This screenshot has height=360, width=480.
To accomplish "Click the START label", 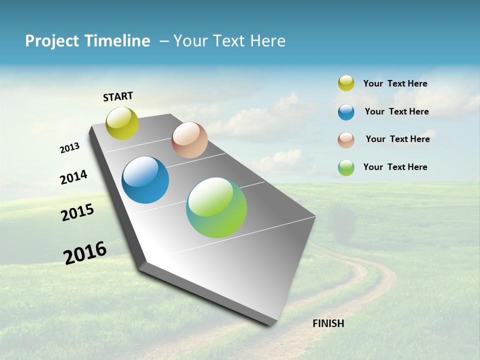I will pos(118,96).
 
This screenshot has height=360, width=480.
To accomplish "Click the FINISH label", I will pos(328,323).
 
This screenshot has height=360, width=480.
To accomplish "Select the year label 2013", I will pos(69,148).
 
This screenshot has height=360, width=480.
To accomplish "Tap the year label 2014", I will pos(73,177).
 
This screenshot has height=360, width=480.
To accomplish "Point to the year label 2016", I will pos(85,253).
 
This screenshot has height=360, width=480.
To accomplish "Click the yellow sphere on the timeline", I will pos(122,123).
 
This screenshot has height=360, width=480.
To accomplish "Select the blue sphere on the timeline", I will pos(145,180).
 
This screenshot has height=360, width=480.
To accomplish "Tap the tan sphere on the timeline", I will pos(189,140).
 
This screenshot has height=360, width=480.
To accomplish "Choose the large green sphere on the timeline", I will pos(216,207).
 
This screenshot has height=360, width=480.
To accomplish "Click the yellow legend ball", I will pos(346,83).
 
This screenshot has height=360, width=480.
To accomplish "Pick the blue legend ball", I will pos(346,112).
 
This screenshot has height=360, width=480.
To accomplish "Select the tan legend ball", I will pos(346,140).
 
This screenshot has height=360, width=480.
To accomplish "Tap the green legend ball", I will pos(346,167).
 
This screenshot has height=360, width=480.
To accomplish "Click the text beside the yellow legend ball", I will pos(395,84).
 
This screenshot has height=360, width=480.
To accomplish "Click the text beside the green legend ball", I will pos(395,167).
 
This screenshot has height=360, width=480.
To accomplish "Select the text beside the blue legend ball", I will pos(396,111).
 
